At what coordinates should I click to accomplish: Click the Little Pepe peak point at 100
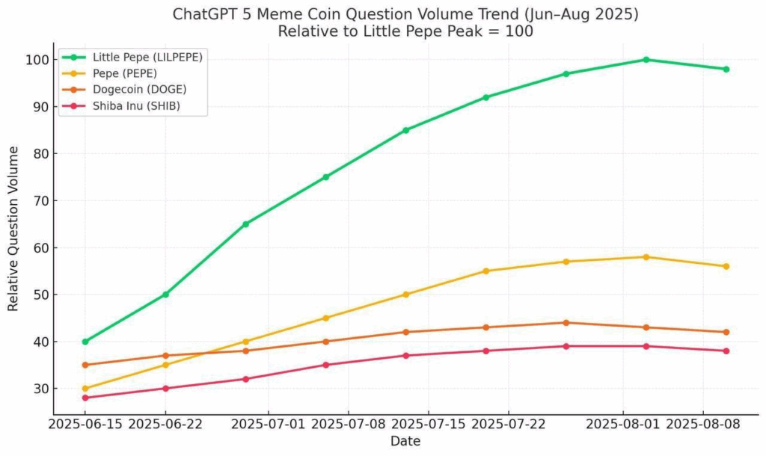coord(646,60)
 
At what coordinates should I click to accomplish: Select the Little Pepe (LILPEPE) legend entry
coord(147,57)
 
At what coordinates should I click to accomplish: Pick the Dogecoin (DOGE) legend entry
coord(138,90)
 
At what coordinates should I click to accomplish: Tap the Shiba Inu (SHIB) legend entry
coord(135,106)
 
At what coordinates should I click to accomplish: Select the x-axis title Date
coord(405,442)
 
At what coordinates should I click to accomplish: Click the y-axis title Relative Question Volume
coord(13,229)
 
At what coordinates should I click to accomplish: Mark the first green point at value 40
coord(85,342)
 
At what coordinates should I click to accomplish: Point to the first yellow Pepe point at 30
coord(85,389)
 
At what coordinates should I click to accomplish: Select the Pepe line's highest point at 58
coord(646,257)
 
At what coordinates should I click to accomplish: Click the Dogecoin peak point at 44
coord(566,323)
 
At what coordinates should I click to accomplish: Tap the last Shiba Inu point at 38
coord(726,351)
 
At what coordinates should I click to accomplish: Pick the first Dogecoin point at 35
coord(85,365)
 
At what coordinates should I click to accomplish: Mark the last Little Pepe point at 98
coord(726,70)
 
